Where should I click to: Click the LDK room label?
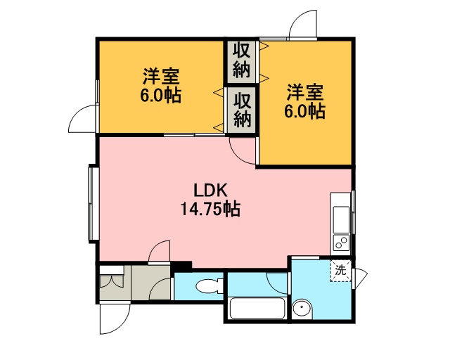(211, 190)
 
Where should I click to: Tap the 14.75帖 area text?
(210, 209)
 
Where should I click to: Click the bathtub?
(257, 309)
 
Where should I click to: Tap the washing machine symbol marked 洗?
(340, 271)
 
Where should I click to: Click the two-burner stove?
(341, 243)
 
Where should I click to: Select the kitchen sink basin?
(341, 219)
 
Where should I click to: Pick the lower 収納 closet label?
(242, 110)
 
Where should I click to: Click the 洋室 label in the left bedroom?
(161, 77)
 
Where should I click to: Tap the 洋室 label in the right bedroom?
(305, 92)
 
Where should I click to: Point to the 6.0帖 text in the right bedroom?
(304, 111)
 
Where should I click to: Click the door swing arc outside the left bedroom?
(76, 113)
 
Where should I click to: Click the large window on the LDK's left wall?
(91, 204)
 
